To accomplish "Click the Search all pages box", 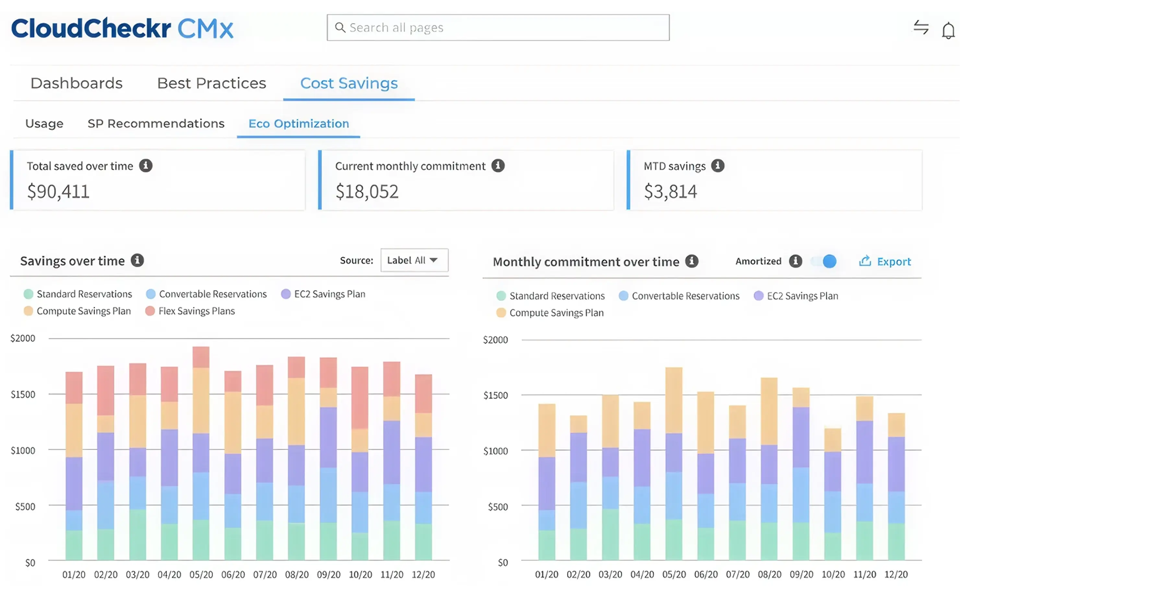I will point(498,28).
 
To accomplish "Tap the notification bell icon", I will point(948,30).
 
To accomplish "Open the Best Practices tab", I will point(211,83).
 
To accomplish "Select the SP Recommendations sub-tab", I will point(156,123).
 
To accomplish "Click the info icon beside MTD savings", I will point(718,166).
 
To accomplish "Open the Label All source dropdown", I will point(414,260).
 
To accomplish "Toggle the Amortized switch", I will point(825,261).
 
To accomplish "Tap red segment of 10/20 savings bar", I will point(360,397).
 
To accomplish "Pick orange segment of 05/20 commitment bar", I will point(674,400).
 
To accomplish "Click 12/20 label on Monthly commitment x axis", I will point(896,574).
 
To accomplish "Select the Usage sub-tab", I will point(44,123).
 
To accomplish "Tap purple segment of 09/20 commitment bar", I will point(801,437).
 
